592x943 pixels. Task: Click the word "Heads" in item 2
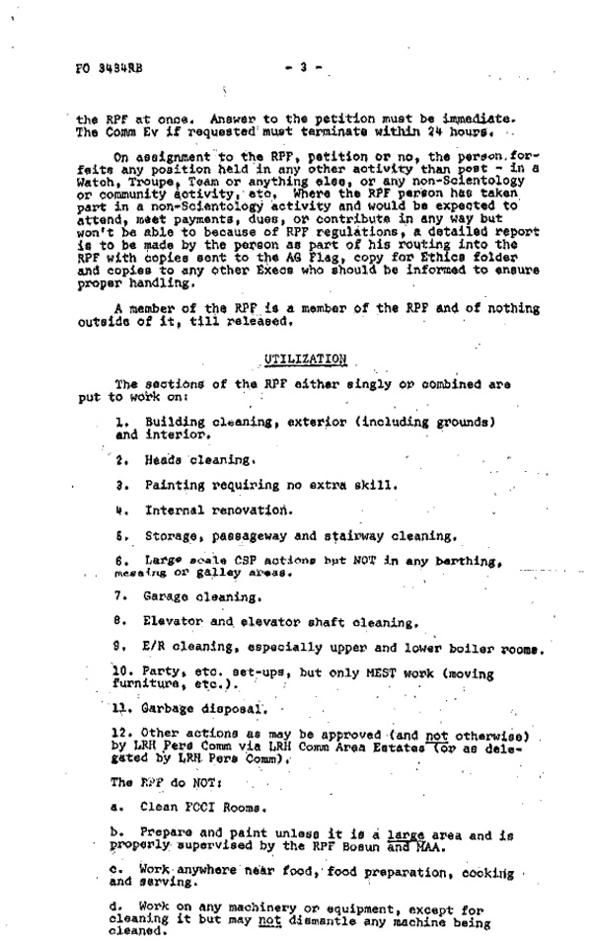pyautogui.click(x=162, y=459)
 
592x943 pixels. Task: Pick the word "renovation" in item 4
pyautogui.click(x=250, y=511)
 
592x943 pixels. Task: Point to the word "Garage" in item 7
pyautogui.click(x=166, y=596)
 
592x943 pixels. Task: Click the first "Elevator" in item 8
pyautogui.click(x=177, y=622)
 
